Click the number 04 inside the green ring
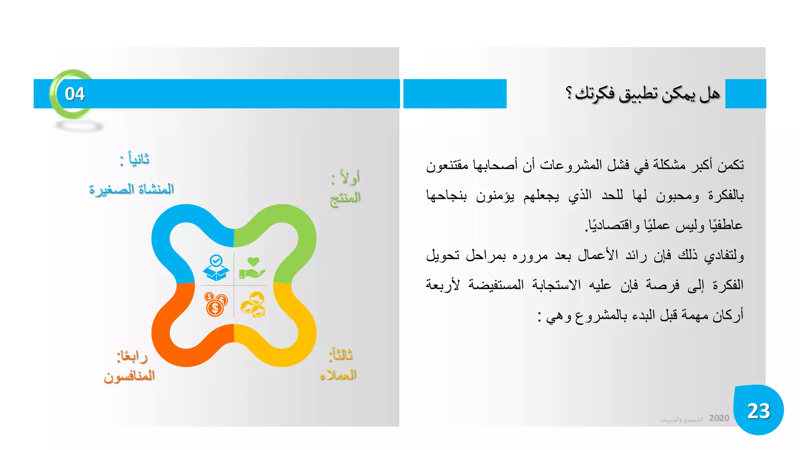[x=75, y=94]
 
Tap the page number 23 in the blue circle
[x=758, y=411]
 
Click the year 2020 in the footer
[x=719, y=418]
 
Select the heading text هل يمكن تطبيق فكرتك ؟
[x=643, y=94]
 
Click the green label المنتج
[x=345, y=198]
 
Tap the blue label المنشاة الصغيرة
[x=131, y=189]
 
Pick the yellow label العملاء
[x=338, y=375]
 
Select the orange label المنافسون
[x=129, y=376]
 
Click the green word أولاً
[x=349, y=178]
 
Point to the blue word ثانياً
[x=138, y=159]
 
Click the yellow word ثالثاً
[x=341, y=355]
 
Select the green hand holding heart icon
[x=252, y=268]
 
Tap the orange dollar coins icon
[x=216, y=304]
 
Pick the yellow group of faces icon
[x=253, y=305]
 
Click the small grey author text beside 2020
[x=682, y=420]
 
